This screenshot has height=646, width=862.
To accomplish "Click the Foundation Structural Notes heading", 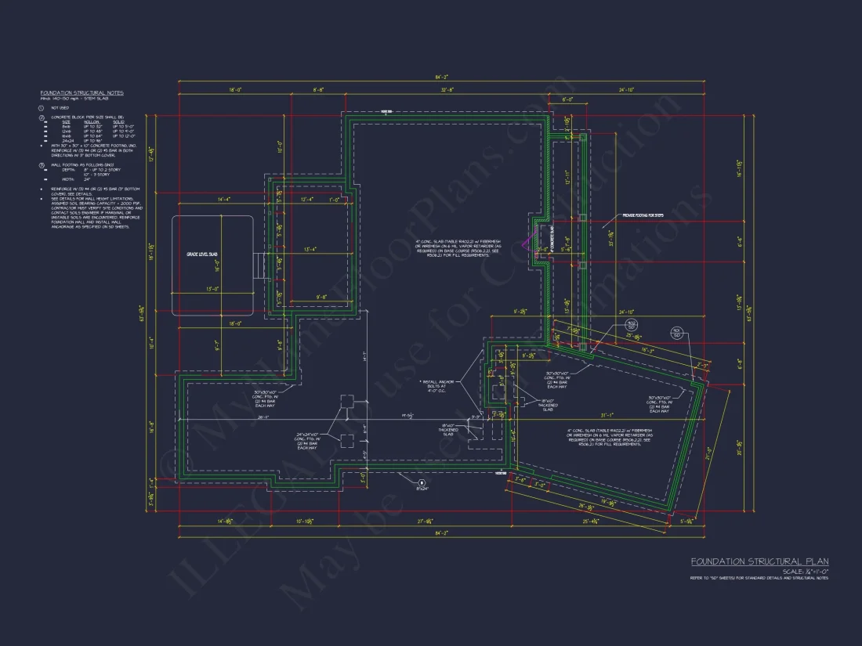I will (x=81, y=93).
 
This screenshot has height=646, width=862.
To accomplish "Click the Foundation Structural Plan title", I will (x=759, y=561).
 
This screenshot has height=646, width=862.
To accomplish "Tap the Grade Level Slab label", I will (x=201, y=255).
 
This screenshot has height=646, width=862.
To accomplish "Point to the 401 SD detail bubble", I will (x=676, y=333).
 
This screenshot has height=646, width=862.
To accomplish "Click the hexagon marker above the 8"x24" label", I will (x=421, y=482).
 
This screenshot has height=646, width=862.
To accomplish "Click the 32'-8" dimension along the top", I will (x=447, y=90).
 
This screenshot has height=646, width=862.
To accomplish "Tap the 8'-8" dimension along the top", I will (x=318, y=90).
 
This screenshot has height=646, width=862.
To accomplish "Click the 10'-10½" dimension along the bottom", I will (x=306, y=521).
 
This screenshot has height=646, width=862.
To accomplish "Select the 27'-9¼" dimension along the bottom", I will (x=427, y=521).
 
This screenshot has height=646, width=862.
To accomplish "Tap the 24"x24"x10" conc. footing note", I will (x=306, y=439).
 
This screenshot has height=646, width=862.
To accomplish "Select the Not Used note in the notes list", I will (x=60, y=107).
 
